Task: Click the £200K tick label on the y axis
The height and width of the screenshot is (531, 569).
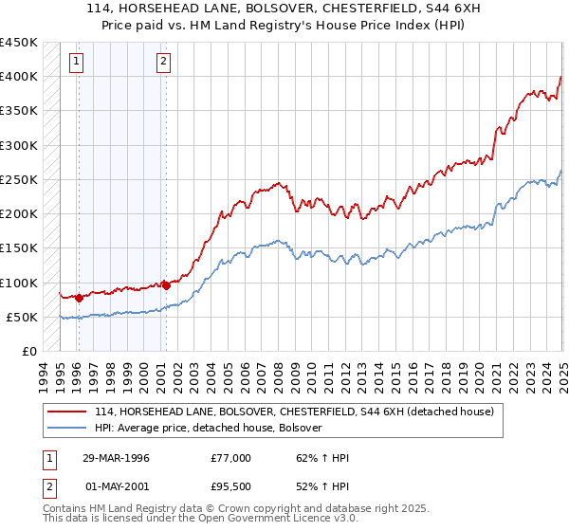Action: [x=18, y=214]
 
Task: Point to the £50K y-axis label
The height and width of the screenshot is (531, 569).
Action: [x=21, y=317]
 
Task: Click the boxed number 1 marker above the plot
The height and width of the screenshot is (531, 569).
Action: [x=76, y=64]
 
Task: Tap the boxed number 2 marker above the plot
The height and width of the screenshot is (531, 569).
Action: [x=163, y=64]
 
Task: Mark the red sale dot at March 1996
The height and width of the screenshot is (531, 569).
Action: [x=79, y=298]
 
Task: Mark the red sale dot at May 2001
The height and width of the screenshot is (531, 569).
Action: [x=165, y=284]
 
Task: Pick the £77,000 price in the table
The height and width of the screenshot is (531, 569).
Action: [x=230, y=458]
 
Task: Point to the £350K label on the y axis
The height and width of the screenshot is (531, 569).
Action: [x=18, y=111]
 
